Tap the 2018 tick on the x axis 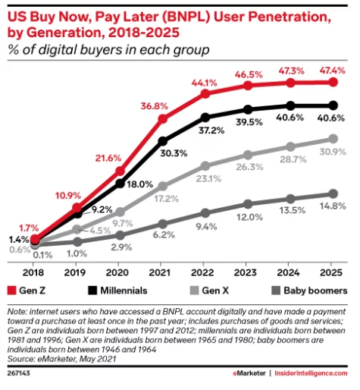tap(34, 270)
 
